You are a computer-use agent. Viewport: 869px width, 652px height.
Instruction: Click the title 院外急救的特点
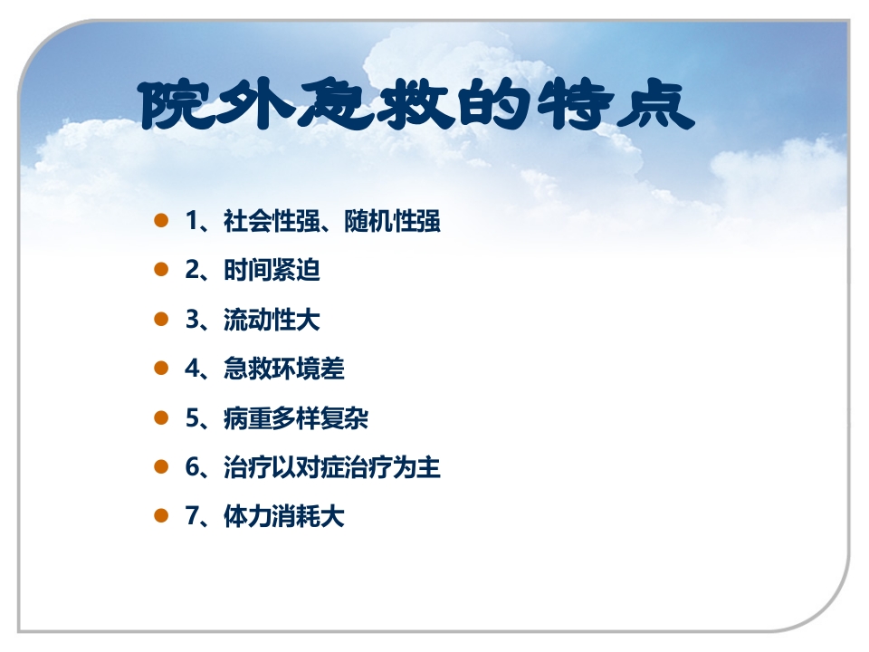click(x=417, y=106)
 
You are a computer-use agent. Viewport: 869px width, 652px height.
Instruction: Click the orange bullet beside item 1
click(x=162, y=220)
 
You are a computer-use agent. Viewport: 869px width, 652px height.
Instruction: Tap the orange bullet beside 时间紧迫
click(x=162, y=270)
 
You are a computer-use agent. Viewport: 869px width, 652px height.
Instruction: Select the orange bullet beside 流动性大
click(x=162, y=319)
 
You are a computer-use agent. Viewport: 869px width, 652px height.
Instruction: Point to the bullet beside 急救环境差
click(x=162, y=369)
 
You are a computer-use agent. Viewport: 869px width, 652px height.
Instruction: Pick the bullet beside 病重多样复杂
click(x=162, y=417)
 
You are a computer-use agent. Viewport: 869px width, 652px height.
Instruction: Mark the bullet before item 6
click(x=162, y=467)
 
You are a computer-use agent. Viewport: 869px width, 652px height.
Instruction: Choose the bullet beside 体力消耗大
click(x=162, y=516)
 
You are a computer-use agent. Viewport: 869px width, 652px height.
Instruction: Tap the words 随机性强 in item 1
click(x=393, y=221)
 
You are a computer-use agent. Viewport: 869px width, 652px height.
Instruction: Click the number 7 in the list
click(x=191, y=517)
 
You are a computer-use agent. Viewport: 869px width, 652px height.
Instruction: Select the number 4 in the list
click(x=191, y=369)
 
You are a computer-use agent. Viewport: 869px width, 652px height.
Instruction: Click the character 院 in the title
click(x=173, y=106)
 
